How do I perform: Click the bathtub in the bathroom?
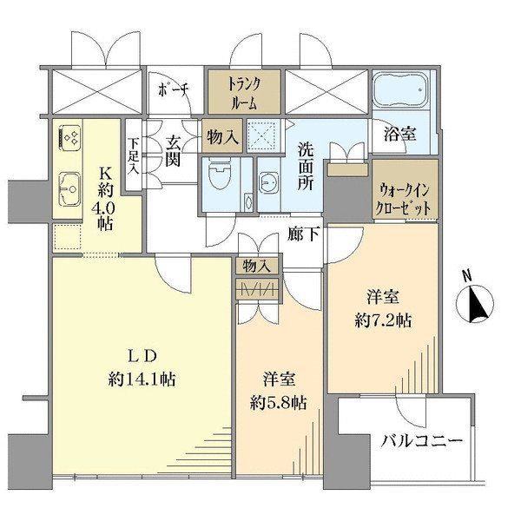(x=400, y=90)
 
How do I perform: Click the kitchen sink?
(x=69, y=189)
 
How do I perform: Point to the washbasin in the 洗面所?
(x=268, y=182)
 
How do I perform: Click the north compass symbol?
(x=475, y=303)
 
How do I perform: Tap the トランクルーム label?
(x=244, y=94)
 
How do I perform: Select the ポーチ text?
(x=174, y=89)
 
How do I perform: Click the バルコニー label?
(x=421, y=441)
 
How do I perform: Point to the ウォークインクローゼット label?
(x=403, y=200)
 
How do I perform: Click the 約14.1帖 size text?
(x=142, y=379)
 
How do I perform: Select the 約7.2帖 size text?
(x=383, y=320)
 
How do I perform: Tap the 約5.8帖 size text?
(x=279, y=403)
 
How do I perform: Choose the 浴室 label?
(x=399, y=134)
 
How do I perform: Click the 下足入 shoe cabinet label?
(x=133, y=155)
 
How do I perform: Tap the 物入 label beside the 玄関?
(x=222, y=137)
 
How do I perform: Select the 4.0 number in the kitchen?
(x=103, y=209)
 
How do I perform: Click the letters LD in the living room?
(x=142, y=357)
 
